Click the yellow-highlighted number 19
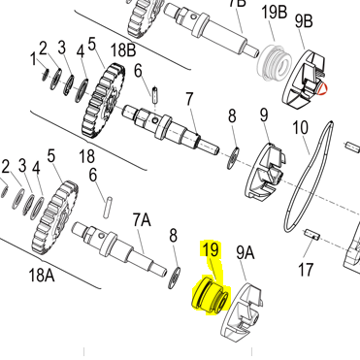(x=211, y=250)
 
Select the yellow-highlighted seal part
(x=211, y=295)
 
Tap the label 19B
(x=274, y=14)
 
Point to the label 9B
(x=304, y=21)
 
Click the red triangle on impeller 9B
(x=322, y=88)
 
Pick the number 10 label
(x=300, y=127)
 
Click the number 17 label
(x=306, y=270)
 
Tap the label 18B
(x=123, y=50)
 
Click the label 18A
(x=42, y=276)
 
